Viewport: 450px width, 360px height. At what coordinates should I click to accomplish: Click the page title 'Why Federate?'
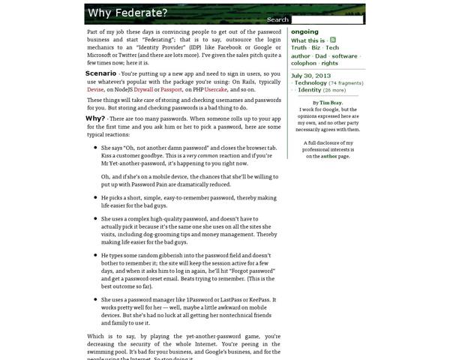click(x=127, y=13)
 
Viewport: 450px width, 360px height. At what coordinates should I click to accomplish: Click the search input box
click(x=326, y=19)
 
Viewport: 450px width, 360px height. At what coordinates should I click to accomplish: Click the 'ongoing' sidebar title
click(x=304, y=31)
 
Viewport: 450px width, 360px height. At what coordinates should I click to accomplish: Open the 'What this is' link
click(x=307, y=40)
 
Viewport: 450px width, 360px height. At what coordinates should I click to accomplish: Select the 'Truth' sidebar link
click(x=298, y=48)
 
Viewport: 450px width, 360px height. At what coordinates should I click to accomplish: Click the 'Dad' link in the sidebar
click(x=320, y=56)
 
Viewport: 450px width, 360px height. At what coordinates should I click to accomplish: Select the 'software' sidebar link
click(x=344, y=56)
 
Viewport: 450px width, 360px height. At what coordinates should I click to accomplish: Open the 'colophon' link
click(x=304, y=64)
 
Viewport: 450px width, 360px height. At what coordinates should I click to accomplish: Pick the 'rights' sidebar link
click(x=329, y=64)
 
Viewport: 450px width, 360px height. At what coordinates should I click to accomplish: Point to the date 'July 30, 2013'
click(x=310, y=76)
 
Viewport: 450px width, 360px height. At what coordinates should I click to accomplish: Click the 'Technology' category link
click(x=310, y=83)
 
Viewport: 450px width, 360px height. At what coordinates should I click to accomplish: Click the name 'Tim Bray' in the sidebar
click(x=331, y=103)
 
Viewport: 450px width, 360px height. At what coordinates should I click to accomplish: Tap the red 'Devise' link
click(x=96, y=89)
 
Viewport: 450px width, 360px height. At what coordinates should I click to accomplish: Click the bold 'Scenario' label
click(x=100, y=73)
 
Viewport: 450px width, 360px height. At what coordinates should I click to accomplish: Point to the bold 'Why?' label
click(x=95, y=118)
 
